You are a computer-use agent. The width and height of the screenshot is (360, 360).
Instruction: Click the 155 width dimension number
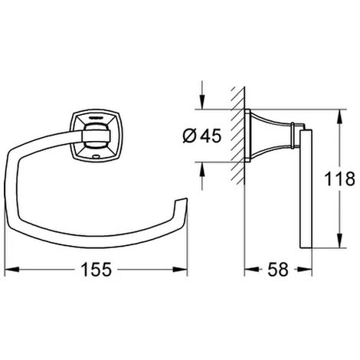pyautogui.click(x=96, y=270)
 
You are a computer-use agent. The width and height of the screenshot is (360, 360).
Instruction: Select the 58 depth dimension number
pyautogui.click(x=278, y=270)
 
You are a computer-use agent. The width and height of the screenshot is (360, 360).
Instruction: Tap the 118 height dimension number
pyautogui.click(x=339, y=178)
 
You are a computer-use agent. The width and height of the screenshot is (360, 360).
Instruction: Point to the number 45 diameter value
pyautogui.click(x=211, y=136)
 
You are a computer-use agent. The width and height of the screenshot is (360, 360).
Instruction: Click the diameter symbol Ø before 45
pyautogui.click(x=189, y=136)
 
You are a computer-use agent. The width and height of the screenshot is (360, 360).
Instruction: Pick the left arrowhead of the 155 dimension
pyautogui.click(x=11, y=270)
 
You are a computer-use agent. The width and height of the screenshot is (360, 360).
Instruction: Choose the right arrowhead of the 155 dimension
pyautogui.click(x=180, y=270)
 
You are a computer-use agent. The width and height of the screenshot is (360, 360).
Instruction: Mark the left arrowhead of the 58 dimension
pyautogui.click(x=252, y=270)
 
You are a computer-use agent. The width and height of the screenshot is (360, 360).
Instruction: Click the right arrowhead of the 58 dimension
pyautogui.click(x=305, y=270)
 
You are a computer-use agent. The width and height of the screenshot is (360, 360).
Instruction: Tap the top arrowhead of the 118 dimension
pyautogui.click(x=339, y=116)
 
